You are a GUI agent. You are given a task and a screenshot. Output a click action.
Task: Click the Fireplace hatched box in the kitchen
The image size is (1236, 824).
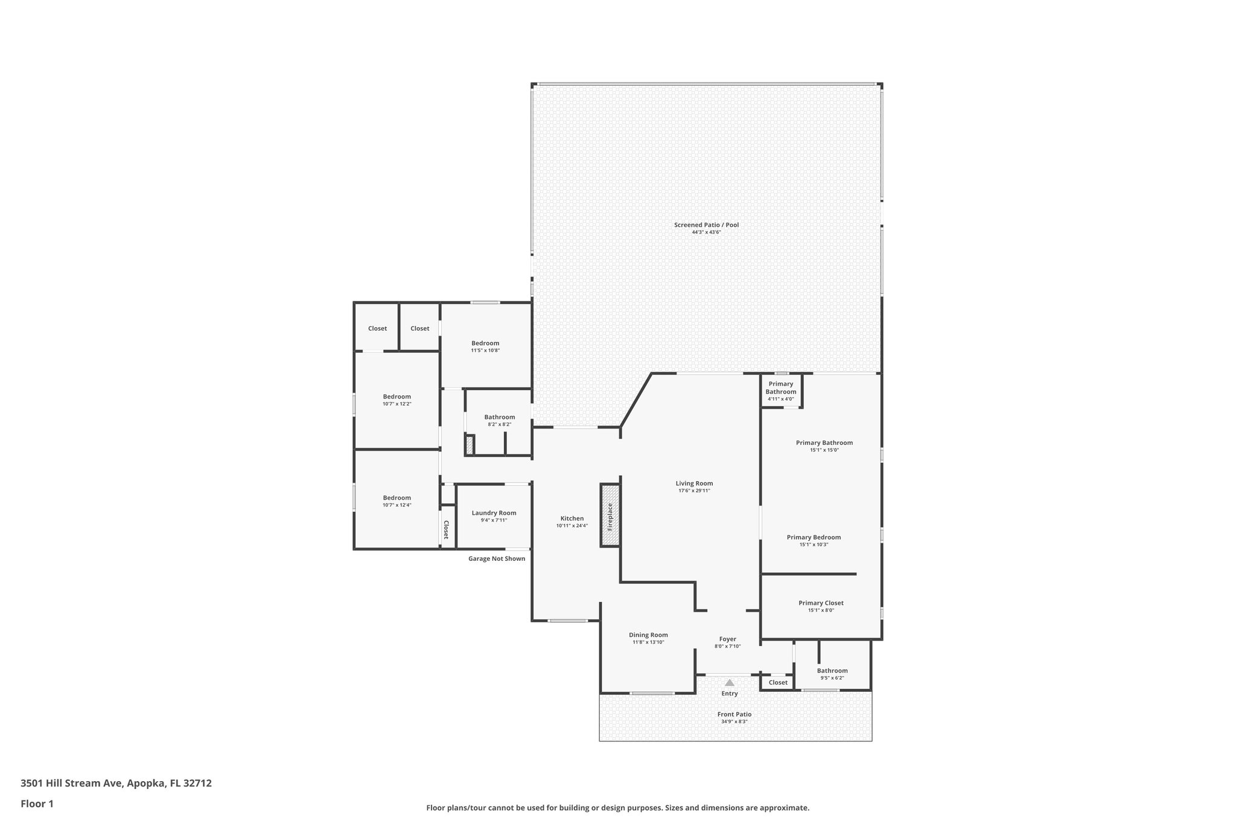[x=610, y=516]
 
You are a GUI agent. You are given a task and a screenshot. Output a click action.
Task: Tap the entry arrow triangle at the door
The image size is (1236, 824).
[x=730, y=683]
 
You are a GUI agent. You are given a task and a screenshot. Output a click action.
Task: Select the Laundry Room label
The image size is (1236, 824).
[x=494, y=513]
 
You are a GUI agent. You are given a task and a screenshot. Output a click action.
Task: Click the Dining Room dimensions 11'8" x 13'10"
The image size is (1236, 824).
[x=648, y=642]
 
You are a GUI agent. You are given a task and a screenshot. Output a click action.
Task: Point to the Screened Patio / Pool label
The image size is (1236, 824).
[x=706, y=225]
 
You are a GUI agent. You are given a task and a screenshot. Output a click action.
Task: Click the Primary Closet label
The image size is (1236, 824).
[x=821, y=603]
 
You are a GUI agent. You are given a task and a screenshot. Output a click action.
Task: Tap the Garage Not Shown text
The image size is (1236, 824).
[x=497, y=559]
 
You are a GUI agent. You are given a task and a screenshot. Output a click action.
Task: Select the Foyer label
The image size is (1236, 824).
[x=727, y=639]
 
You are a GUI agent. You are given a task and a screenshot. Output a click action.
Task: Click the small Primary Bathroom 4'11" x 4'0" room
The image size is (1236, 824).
[x=781, y=391]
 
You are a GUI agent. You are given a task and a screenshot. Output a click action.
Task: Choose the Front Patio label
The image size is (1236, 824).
[x=734, y=715]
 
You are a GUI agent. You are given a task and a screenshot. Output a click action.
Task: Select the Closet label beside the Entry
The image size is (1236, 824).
[x=778, y=683]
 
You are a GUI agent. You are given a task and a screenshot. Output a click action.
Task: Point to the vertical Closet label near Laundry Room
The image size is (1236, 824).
[x=447, y=530]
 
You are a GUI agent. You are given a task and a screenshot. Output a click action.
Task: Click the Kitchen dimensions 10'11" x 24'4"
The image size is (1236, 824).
[x=572, y=526]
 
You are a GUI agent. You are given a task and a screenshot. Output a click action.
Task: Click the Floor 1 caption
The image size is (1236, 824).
[x=37, y=804]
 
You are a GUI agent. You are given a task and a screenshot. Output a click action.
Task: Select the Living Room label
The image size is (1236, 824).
[x=694, y=484]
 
